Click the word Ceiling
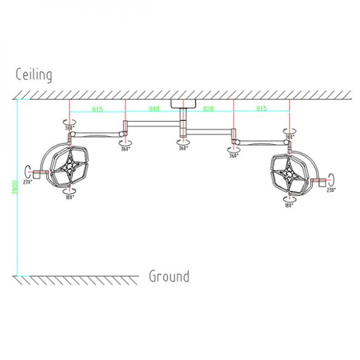click(x=34, y=75)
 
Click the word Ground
click(x=169, y=276)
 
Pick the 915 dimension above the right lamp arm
click(x=262, y=110)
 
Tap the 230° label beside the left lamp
click(x=27, y=182)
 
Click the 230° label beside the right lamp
click(x=331, y=190)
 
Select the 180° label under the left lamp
click(x=70, y=198)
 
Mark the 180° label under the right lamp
click(x=289, y=205)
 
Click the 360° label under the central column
click(x=183, y=148)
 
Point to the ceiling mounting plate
click(x=182, y=103)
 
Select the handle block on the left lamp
click(x=37, y=174)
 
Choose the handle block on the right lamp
click(x=321, y=181)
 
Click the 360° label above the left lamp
click(x=70, y=129)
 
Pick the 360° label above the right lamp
click(x=289, y=137)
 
